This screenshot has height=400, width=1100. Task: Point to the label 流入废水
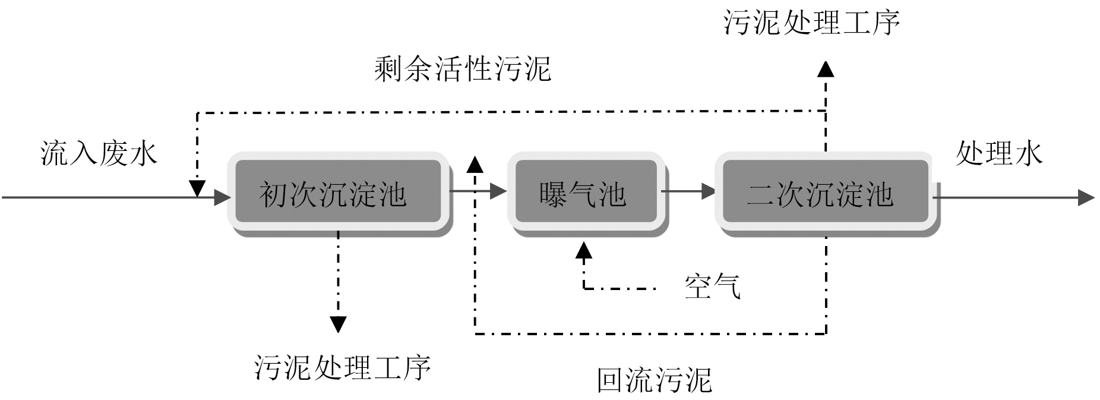99,153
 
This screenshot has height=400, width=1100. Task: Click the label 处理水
999,153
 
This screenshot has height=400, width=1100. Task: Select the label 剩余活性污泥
463,70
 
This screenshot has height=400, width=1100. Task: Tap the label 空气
712,286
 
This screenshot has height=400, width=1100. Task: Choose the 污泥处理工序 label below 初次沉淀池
343,367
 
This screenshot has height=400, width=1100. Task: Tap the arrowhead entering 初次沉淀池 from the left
222,197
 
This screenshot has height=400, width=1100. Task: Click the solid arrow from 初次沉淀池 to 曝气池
479,191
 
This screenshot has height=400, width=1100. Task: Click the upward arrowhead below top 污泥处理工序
826,69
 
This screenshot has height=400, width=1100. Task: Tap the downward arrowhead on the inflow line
197,189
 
